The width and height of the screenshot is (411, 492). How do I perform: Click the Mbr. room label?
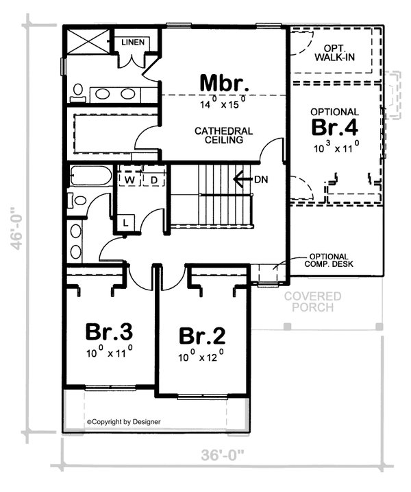tap(223, 83)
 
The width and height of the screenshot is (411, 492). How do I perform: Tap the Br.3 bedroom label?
tap(108, 331)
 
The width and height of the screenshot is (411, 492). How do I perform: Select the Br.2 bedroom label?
tap(202, 336)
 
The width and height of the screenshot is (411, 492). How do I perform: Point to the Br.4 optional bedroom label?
tap(335, 128)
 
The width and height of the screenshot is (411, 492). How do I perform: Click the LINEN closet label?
tap(133, 43)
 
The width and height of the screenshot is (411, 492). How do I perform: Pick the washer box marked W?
tap(129, 180)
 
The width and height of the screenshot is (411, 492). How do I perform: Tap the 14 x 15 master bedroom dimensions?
tap(222, 105)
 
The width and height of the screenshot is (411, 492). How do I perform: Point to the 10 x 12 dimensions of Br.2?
tap(201, 357)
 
